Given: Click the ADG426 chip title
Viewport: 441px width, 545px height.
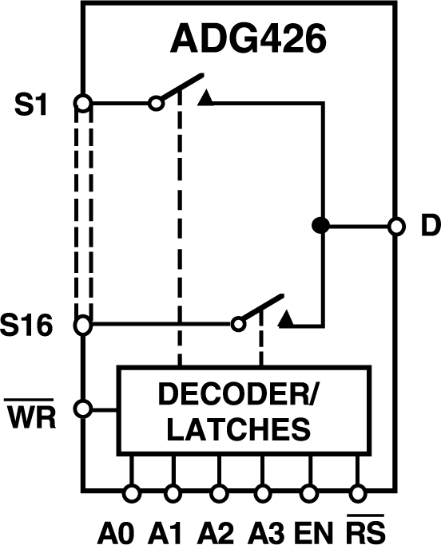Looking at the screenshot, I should pyautogui.click(x=247, y=40).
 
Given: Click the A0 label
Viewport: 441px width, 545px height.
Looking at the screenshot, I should pyautogui.click(x=117, y=529).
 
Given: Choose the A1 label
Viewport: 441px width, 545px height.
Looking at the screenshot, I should pyautogui.click(x=165, y=529).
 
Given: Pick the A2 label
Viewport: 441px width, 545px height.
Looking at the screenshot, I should pyautogui.click(x=214, y=529).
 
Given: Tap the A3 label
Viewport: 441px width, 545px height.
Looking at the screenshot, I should pyautogui.click(x=264, y=529).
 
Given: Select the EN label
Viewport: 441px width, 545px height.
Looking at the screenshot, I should pyautogui.click(x=311, y=529).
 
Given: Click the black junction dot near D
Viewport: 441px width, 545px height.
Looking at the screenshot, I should pyautogui.click(x=321, y=227).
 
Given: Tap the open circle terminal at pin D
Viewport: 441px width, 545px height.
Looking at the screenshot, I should pyautogui.click(x=395, y=227).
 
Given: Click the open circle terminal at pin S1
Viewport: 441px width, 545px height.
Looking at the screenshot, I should pyautogui.click(x=81, y=103).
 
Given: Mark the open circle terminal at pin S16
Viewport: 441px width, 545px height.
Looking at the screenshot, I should pyautogui.click(x=81, y=325).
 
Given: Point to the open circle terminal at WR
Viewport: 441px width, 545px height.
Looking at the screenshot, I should pyautogui.click(x=81, y=409).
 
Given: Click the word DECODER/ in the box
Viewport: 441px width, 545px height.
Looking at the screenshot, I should pyautogui.click(x=244, y=395).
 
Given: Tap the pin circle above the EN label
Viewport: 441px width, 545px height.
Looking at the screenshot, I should pyautogui.click(x=310, y=492).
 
